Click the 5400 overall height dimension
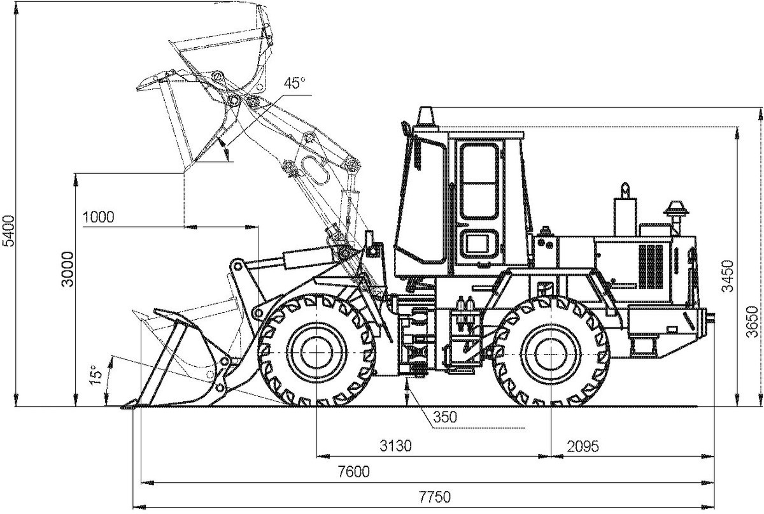pos(8,231)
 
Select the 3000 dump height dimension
pos(67,269)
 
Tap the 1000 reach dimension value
pos(99,217)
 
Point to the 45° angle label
pos(295,83)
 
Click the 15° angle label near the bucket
pos(97,375)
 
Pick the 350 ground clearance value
pos(445,417)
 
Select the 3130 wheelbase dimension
pos(396,446)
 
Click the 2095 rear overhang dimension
pos(583,446)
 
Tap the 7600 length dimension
pos(354,472)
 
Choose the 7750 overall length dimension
pos(435,497)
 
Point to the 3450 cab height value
pos(728,276)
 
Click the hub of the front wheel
pos(316,352)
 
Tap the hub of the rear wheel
pos(551,354)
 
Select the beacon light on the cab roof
pos(426,117)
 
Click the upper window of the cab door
pos(479,181)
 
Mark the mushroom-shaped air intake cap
pos(676,208)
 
